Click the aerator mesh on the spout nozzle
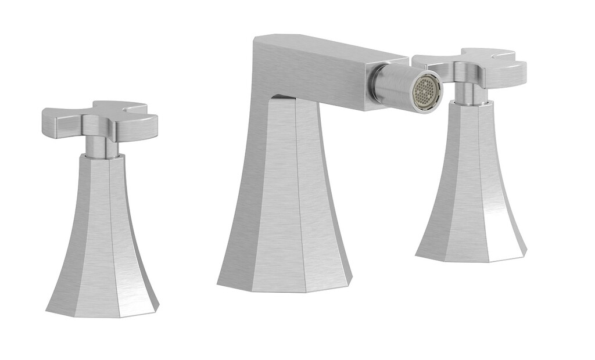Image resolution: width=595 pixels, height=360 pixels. point(426,92)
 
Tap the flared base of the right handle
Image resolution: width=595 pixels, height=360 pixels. point(471,192)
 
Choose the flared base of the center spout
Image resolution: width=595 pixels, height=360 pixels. point(285,209)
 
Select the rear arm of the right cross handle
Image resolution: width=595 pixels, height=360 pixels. point(494,54)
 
